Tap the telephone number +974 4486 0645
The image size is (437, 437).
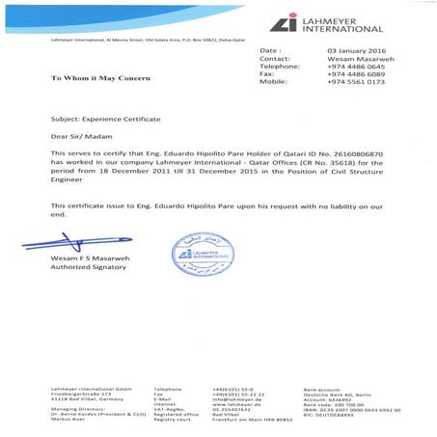[x=356, y=66]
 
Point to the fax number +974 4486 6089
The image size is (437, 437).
[x=356, y=74]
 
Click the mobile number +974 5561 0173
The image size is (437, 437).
[x=356, y=83]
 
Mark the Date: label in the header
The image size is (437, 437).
[x=269, y=49]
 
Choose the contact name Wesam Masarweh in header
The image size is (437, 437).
[x=356, y=58]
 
